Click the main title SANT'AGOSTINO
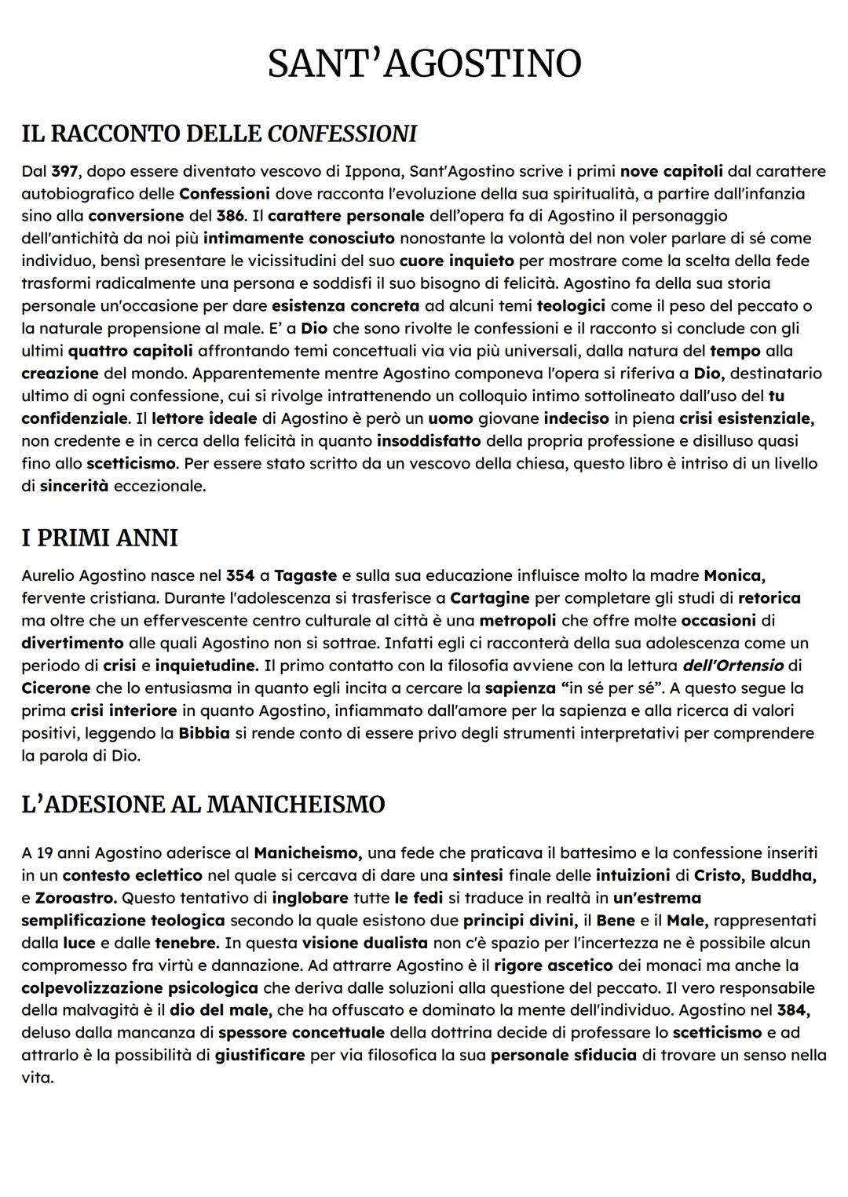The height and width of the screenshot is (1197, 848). tap(424, 64)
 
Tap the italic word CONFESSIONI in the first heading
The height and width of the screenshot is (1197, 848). tap(342, 133)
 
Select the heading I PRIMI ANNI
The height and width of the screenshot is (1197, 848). tap(100, 538)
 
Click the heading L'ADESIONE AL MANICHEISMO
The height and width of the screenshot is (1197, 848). tap(203, 805)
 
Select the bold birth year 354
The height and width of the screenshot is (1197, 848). tap(240, 575)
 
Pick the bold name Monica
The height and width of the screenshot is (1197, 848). tap(734, 575)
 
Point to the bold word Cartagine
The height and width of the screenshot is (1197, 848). tap(489, 598)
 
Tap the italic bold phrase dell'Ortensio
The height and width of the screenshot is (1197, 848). tap(733, 666)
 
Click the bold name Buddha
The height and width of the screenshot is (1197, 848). tap(784, 874)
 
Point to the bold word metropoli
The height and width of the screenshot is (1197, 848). tap(517, 620)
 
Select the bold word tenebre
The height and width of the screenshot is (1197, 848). tap(185, 942)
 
